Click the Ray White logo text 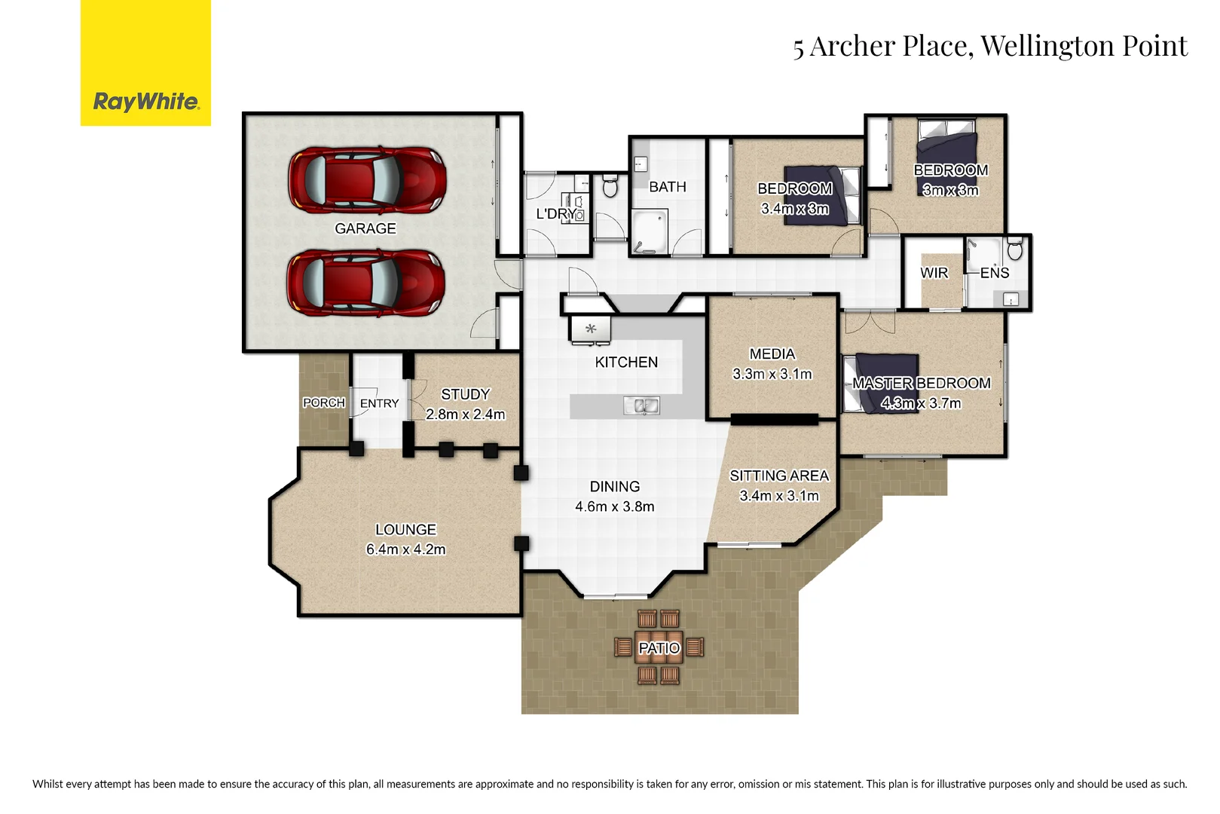point(145,102)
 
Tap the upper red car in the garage point(367,181)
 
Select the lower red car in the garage point(365,283)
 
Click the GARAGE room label point(365,228)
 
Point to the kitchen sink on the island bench point(641,406)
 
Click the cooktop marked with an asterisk point(591,329)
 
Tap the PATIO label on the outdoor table point(659,648)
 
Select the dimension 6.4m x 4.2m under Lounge point(405,549)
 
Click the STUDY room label point(465,394)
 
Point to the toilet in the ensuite point(1014,248)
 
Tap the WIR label point(934,273)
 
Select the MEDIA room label point(772,353)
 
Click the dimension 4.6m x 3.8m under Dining point(614,506)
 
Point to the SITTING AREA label point(778,476)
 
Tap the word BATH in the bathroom point(667,187)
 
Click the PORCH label point(323,403)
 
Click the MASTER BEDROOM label point(921,383)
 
